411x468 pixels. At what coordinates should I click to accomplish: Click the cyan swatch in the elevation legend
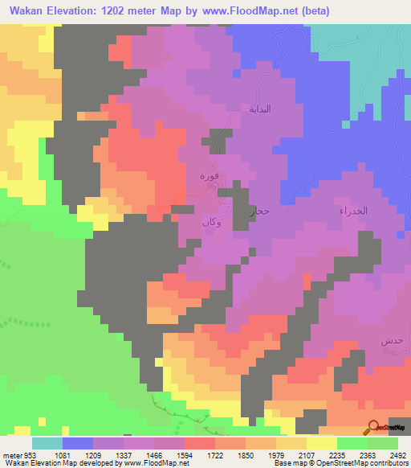(47, 443)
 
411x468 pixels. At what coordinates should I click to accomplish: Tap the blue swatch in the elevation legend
(77, 443)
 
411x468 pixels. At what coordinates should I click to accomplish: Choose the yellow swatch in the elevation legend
(321, 443)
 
